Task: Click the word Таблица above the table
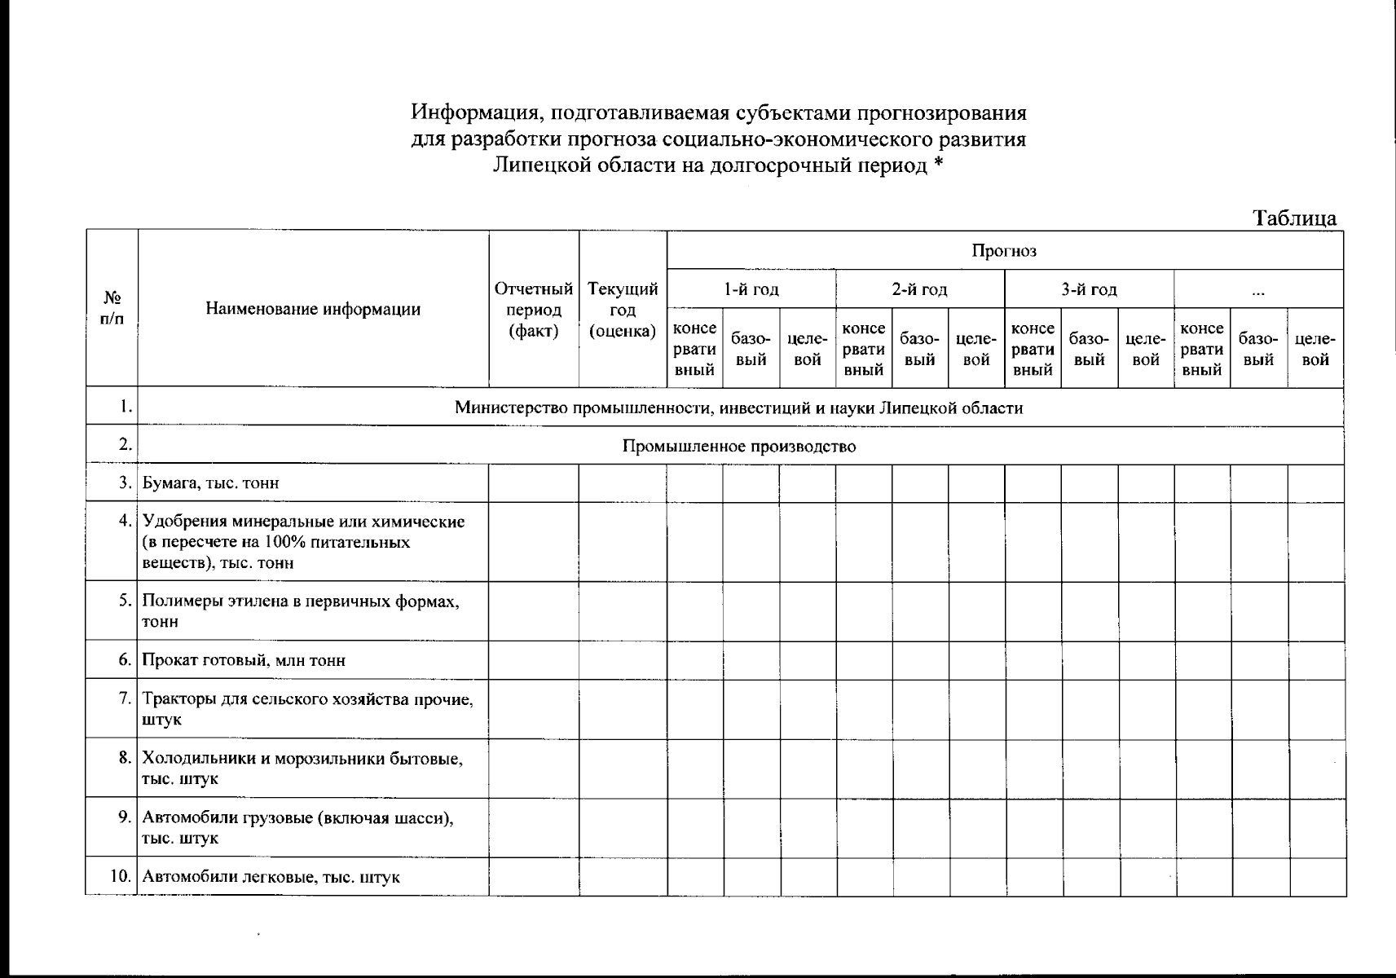[x=1295, y=218]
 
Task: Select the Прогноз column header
[x=1004, y=250]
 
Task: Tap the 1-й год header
[x=751, y=289]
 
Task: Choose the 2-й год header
[x=919, y=289]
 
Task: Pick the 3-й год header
[x=1089, y=289]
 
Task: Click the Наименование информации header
[x=313, y=309]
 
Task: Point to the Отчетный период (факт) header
[x=534, y=310]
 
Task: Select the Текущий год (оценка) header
[x=623, y=310]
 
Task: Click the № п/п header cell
[x=112, y=308]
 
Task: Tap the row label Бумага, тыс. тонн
[x=211, y=483]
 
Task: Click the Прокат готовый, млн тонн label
[x=244, y=660]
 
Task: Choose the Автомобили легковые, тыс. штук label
[x=271, y=878]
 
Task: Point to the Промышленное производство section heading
[x=739, y=447]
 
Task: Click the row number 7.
[x=125, y=698]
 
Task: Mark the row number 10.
[x=121, y=877]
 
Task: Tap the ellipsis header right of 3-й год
[x=1258, y=290]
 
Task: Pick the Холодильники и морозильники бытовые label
[x=302, y=760]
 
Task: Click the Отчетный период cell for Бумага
[x=534, y=483]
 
